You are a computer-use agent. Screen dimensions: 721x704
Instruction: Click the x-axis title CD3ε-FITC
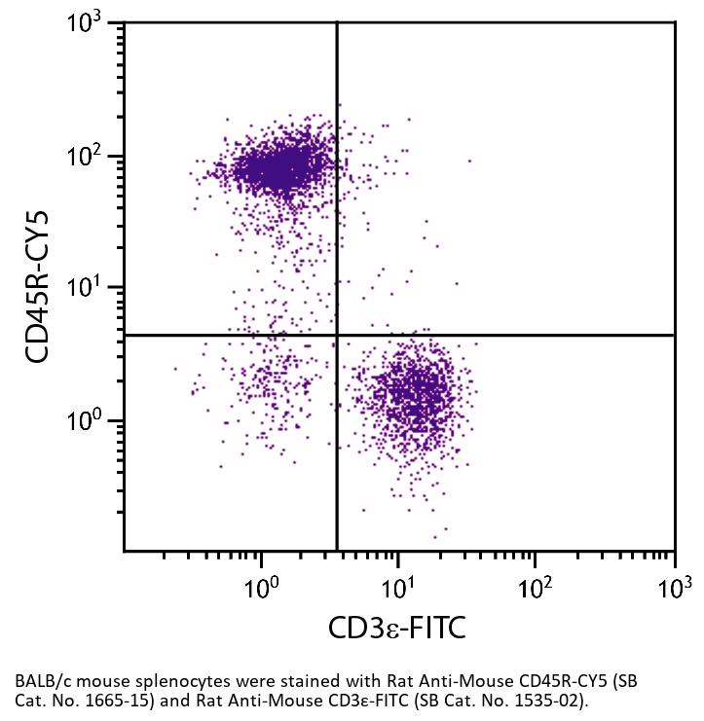coord(397,628)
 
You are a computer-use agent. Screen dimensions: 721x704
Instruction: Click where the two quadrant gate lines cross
coord(337,336)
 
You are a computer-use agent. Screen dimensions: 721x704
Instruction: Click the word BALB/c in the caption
coord(42,680)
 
